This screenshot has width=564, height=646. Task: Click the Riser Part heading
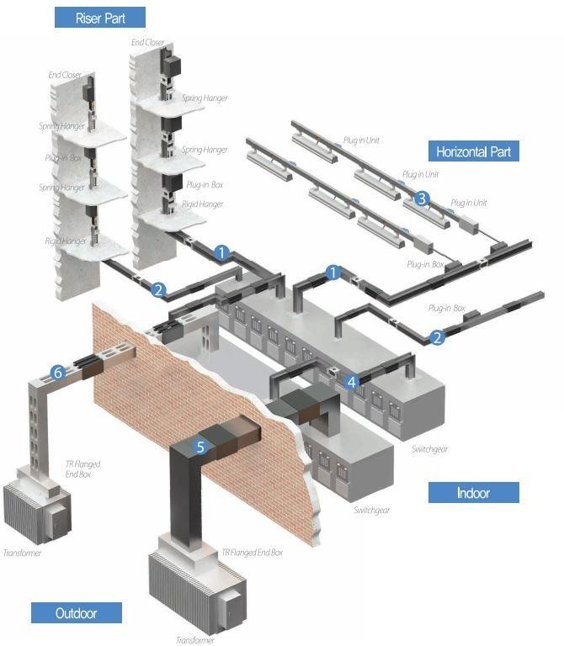99,17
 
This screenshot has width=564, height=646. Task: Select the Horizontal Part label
472,151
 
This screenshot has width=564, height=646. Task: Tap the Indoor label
473,492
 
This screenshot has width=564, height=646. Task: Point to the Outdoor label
77,613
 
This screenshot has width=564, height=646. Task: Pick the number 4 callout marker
352,380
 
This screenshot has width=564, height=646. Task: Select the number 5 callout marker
200,447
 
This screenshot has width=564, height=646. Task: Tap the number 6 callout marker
58,372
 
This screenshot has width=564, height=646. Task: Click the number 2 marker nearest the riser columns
158,290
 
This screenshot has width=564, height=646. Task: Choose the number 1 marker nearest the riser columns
222,252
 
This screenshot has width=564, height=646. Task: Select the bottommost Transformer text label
195,640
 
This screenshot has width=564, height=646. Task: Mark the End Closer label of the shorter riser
66,75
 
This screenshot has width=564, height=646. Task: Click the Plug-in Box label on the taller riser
204,183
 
